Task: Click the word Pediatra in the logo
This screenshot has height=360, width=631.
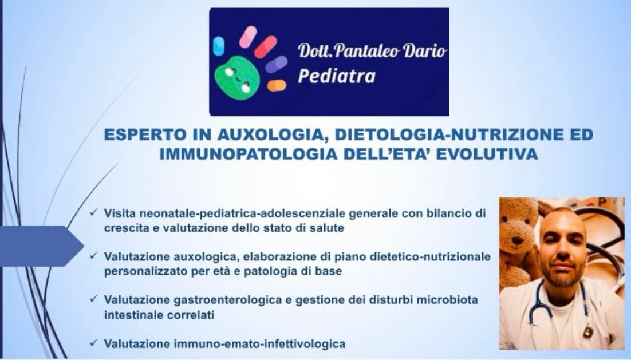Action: (x=336, y=76)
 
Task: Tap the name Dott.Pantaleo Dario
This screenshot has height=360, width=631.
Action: (x=372, y=52)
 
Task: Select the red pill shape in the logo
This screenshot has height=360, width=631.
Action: (x=265, y=47)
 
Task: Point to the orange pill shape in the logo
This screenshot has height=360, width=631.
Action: (x=277, y=85)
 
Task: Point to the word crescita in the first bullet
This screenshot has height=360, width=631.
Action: (x=125, y=228)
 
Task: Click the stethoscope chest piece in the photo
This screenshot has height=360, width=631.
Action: (x=587, y=333)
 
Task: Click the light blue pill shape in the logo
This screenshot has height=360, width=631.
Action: (x=219, y=46)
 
